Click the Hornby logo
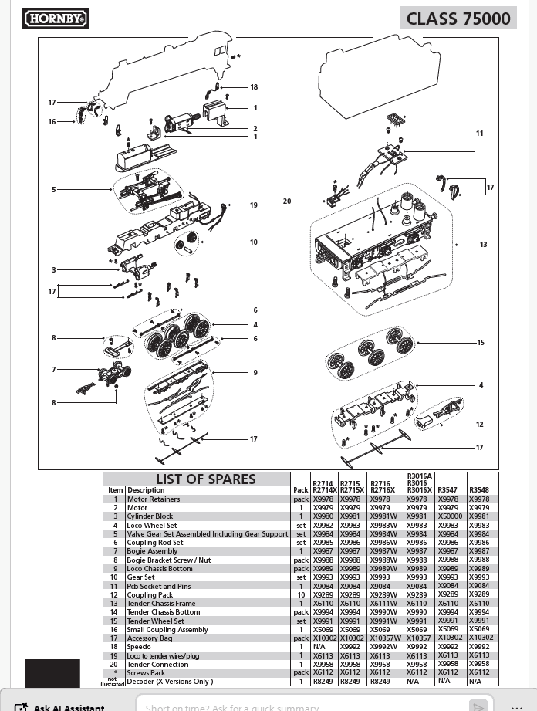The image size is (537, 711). click(x=56, y=18)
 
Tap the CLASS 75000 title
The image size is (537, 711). click(x=458, y=19)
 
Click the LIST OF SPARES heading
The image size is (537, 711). click(x=205, y=479)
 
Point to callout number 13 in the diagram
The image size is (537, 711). click(x=483, y=245)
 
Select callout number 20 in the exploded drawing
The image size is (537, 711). click(x=287, y=201)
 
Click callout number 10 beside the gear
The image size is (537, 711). click(x=253, y=242)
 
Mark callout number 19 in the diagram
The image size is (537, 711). click(x=253, y=205)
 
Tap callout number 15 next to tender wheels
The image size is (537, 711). click(x=480, y=343)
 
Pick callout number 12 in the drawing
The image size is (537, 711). click(x=480, y=425)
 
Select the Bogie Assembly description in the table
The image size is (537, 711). click(x=152, y=551)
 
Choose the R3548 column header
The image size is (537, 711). click(x=479, y=490)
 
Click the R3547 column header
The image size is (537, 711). click(x=447, y=490)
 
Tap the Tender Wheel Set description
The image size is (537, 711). click(x=155, y=621)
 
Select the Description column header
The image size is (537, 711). click(x=146, y=490)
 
